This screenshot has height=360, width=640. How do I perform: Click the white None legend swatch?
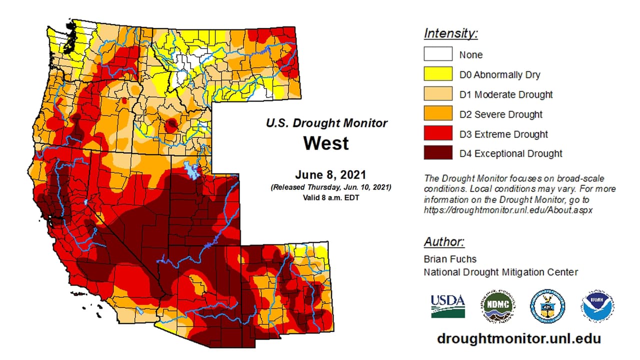click(438, 54)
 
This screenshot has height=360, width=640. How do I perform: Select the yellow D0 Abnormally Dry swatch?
click(438, 74)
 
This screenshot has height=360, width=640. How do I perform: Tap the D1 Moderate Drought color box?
click(438, 94)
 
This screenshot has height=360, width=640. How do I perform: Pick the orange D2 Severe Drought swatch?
click(438, 113)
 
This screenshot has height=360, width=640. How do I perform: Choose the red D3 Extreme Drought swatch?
click(438, 133)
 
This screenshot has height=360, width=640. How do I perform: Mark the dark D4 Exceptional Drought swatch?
click(438, 153)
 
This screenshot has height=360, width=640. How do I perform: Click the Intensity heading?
click(450, 34)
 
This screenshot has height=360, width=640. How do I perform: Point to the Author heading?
click(444, 242)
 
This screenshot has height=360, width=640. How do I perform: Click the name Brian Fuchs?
click(450, 259)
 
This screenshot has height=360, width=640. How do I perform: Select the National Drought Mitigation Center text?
click(500, 272)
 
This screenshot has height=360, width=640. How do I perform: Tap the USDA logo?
click(447, 305)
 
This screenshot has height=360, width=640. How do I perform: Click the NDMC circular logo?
click(499, 305)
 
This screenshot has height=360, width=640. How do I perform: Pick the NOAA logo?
click(597, 305)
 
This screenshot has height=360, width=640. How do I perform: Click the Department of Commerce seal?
click(547, 305)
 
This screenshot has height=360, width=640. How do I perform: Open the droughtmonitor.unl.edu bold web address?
click(518, 338)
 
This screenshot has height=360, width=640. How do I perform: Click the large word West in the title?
click(326, 143)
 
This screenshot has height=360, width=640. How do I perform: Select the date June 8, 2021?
click(330, 175)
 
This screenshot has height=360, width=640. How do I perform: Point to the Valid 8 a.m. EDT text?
click(330, 197)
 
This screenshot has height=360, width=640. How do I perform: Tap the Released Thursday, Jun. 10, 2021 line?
click(330, 187)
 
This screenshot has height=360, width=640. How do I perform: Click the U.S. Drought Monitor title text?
click(326, 123)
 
